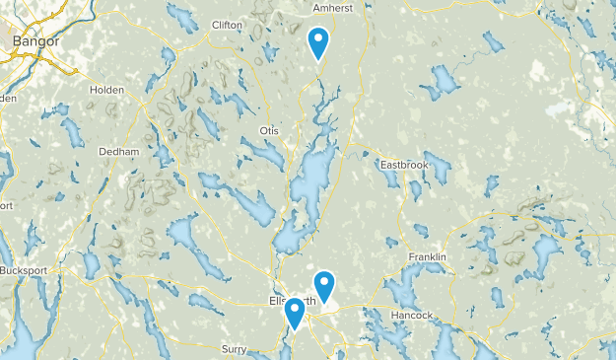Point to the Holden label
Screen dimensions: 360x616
[105, 90]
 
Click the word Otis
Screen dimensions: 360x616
[269, 130]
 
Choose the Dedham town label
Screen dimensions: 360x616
[119, 152]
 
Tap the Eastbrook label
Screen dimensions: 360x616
[403, 164]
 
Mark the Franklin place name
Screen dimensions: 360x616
[427, 257]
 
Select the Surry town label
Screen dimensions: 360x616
[234, 349]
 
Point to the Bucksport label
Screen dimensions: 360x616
[24, 270]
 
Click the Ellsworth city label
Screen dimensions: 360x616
[292, 300]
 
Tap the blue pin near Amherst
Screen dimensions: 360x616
[318, 42]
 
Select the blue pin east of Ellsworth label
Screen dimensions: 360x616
[325, 286]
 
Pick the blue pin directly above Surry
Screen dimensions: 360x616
[294, 313]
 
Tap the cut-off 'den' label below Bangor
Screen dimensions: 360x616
[8, 99]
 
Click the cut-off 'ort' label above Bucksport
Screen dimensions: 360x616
[5, 206]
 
